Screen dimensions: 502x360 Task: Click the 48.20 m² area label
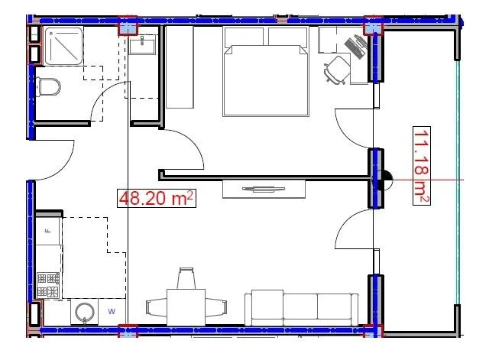point(156,198)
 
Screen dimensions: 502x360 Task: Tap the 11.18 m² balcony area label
point(422,166)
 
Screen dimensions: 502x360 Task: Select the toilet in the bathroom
point(48,86)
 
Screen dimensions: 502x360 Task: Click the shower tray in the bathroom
point(63,46)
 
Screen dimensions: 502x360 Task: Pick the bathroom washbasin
point(142,44)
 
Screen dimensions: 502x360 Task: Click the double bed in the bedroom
point(266,71)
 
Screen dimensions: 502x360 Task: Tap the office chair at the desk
point(337,70)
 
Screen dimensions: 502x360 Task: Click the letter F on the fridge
point(49,231)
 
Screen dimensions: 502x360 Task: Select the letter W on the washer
point(112,311)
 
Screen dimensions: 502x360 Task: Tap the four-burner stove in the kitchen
point(48,285)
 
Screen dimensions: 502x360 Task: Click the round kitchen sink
point(85,313)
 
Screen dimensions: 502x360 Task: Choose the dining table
point(186,307)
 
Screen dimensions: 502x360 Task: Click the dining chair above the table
point(186,278)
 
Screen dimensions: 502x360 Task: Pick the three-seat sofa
point(301,308)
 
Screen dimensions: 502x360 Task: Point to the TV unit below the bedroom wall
point(264,189)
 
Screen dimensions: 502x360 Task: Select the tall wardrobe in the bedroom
point(180,67)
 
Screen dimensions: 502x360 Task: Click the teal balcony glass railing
point(458,182)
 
